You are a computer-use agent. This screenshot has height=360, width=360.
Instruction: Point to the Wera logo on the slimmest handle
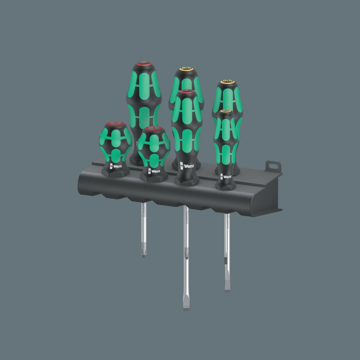225,177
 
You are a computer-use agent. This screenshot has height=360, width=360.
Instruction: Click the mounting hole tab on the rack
273,166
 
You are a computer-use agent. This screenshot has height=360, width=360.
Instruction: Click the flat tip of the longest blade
186,308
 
